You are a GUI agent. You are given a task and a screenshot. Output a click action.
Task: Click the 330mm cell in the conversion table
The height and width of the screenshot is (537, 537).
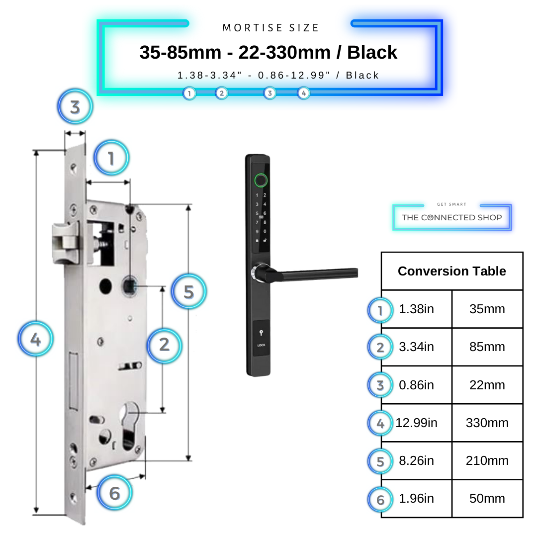point(487,423)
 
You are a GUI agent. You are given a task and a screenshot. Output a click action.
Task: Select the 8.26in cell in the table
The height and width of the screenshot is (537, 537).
point(417,461)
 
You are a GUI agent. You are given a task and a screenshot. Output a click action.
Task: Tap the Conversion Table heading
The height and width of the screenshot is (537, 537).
point(451,271)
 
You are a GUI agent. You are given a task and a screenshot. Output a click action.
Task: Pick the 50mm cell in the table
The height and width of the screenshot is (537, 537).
point(487,499)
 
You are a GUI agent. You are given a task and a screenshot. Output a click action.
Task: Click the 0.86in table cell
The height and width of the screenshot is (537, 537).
point(417,385)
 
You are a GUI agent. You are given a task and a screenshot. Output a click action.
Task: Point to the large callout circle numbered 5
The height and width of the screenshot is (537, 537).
point(188,292)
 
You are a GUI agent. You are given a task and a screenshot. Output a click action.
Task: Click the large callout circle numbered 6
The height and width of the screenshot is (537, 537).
point(114,493)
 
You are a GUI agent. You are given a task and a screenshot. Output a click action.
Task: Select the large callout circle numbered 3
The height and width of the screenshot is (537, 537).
point(75,107)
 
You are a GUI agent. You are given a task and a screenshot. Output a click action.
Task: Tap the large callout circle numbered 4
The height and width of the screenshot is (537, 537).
point(35,340)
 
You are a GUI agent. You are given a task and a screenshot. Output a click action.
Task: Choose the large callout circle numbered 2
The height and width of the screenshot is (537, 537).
point(164,344)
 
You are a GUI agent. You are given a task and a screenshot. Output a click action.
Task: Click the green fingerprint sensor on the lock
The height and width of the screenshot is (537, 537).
point(260,180)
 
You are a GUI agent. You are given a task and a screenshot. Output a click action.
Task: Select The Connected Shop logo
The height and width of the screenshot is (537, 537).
point(451,217)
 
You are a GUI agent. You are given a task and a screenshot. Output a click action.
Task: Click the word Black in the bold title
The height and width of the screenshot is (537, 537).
point(372,53)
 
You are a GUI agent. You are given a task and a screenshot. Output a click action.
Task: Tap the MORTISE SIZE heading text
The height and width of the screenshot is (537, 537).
point(270,28)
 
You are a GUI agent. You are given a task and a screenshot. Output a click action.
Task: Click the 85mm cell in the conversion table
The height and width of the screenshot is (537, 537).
point(487,347)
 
